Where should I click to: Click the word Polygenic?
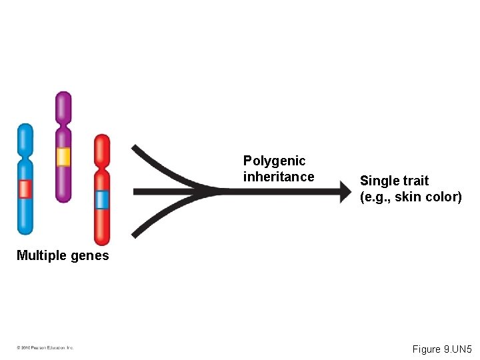274,161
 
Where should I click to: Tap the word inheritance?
278,177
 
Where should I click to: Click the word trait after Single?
416,181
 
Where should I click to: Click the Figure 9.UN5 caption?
442,349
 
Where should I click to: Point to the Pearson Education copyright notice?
45,347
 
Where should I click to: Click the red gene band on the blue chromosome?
25,189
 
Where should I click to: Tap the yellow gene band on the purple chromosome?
63,157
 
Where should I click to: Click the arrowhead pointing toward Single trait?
344,192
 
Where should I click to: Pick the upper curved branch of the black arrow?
163,167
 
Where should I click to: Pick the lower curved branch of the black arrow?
163,217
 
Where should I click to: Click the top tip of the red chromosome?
102,137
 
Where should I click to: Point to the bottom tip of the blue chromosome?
25,231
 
